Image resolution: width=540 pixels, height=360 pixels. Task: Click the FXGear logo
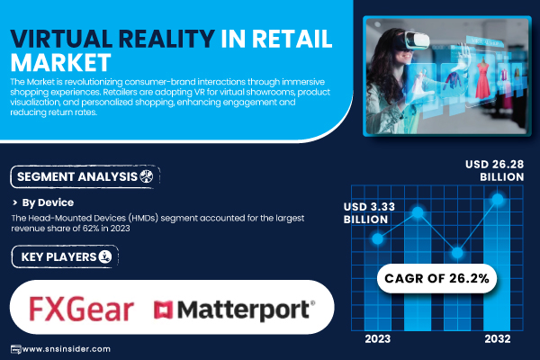click(81, 310)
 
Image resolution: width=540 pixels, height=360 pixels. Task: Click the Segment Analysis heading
click(76, 175)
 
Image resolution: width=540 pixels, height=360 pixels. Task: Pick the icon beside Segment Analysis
click(148, 175)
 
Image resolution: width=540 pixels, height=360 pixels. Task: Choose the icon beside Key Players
click(105, 257)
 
